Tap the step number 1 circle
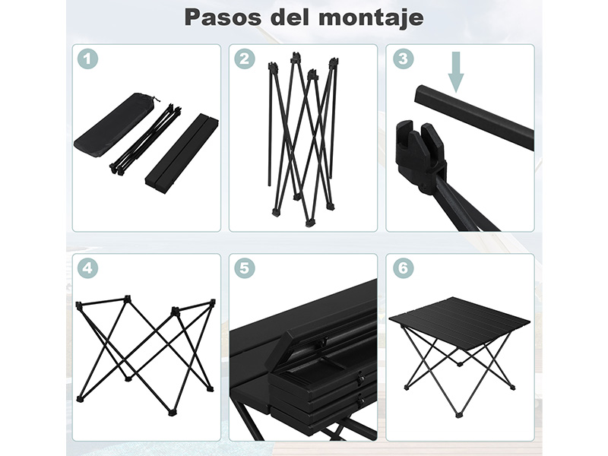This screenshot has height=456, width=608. pyautogui.click(x=87, y=59)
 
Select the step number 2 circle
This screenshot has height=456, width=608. pyautogui.click(x=244, y=59)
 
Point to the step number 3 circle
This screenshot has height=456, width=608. pyautogui.click(x=403, y=59)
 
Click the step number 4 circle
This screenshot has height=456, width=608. pyautogui.click(x=87, y=268)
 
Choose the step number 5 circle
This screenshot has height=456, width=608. pyautogui.click(x=244, y=268)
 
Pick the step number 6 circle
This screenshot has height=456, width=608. pyautogui.click(x=403, y=268)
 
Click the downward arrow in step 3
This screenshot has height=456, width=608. pyautogui.click(x=456, y=71)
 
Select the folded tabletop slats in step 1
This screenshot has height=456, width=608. pyautogui.click(x=182, y=150)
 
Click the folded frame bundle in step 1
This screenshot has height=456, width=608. pyautogui.click(x=146, y=139)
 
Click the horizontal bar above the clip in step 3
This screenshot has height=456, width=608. pyautogui.click(x=473, y=116)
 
